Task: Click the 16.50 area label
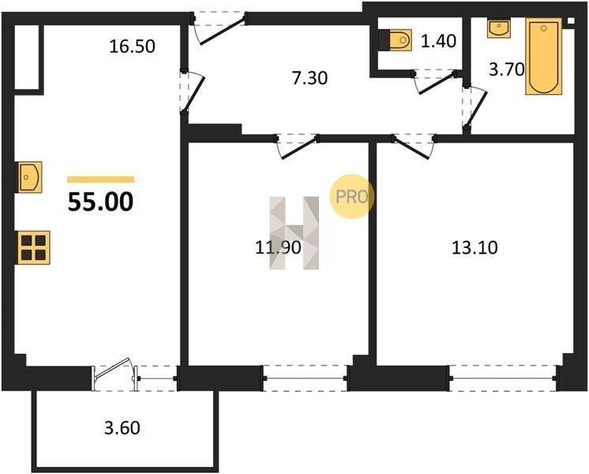(x=132, y=47)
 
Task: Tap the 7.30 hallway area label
(x=310, y=78)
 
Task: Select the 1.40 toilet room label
(x=438, y=41)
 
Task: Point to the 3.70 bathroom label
(x=506, y=70)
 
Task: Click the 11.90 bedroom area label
(x=278, y=248)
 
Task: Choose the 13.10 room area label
(x=475, y=248)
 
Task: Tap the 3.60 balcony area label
(x=122, y=427)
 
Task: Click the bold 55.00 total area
(x=101, y=201)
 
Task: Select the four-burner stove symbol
(x=33, y=247)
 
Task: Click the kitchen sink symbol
(x=30, y=177)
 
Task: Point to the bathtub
(x=543, y=56)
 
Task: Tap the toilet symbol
(x=396, y=39)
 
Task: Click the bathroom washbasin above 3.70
(x=499, y=29)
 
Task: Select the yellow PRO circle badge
(x=352, y=196)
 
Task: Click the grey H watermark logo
(x=294, y=233)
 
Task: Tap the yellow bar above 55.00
(x=101, y=179)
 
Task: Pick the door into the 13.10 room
(x=414, y=146)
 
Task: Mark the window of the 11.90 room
(x=306, y=378)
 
